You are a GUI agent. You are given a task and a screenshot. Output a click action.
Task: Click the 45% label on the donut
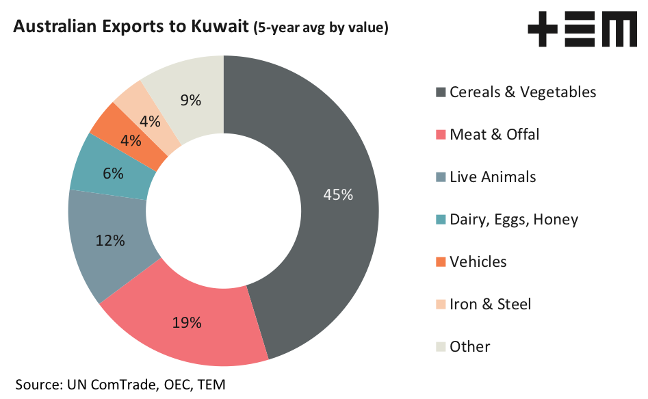pyautogui.click(x=338, y=195)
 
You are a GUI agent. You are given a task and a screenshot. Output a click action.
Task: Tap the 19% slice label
pyautogui.click(x=186, y=322)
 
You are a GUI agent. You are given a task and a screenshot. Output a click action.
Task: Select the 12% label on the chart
pyautogui.click(x=110, y=240)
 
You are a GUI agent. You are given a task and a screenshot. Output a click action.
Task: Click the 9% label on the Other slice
pyautogui.click(x=190, y=100)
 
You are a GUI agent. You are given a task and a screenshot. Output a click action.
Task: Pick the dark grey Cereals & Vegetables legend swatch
pyautogui.click(x=440, y=92)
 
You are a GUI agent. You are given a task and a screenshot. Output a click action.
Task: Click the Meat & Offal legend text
pyautogui.click(x=494, y=135)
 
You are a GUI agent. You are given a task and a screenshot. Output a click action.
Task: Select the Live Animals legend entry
pyautogui.click(x=492, y=177)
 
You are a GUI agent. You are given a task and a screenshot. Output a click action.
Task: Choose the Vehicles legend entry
pyautogui.click(x=478, y=262)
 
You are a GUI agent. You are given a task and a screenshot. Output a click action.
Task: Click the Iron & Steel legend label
pyautogui.click(x=490, y=305)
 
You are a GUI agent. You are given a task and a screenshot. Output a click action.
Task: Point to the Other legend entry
pyautogui.click(x=469, y=347)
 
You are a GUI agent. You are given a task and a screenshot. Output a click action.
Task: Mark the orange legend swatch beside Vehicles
pyautogui.click(x=440, y=262)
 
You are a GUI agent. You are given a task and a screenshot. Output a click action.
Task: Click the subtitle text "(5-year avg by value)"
pyautogui.click(x=321, y=28)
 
